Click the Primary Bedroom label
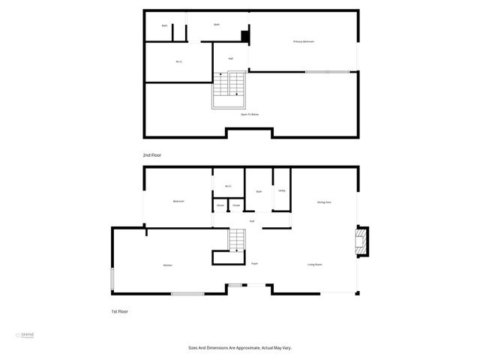303,41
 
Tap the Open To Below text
250,115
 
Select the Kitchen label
168,265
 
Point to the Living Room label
314,265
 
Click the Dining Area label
324,202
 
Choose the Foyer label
254,264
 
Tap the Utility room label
281,191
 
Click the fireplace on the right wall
361,241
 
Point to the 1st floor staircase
237,241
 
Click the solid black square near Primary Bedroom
244,36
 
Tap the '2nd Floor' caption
152,155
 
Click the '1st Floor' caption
120,310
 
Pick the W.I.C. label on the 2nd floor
178,61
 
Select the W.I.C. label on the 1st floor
228,186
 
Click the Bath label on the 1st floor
259,191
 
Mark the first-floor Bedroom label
178,201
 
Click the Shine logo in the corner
27,335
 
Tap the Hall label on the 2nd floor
230,58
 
